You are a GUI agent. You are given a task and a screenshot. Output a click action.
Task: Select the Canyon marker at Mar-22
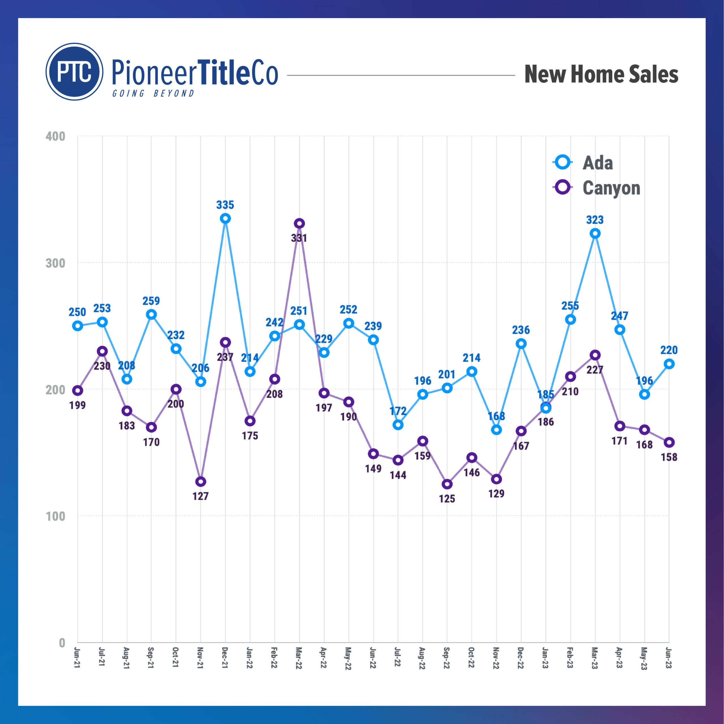[299, 224]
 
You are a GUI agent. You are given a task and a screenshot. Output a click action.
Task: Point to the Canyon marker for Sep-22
[447, 484]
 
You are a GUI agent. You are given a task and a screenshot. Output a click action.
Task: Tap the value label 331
[299, 238]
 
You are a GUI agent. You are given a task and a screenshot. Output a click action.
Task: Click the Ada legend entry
[597, 163]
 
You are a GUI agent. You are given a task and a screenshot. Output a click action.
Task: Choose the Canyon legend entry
[611, 188]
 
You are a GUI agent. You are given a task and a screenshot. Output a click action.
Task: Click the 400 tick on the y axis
[55, 136]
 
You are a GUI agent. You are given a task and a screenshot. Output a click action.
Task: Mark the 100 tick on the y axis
[55, 516]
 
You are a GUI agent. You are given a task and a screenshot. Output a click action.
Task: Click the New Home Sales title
[601, 74]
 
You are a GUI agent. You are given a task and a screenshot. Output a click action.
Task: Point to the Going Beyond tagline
[154, 93]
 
